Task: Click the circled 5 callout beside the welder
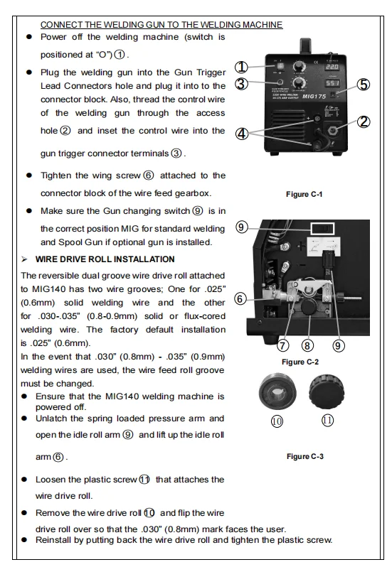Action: pos(364,85)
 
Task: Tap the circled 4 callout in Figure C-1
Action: pos(242,134)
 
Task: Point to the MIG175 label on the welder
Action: pos(314,97)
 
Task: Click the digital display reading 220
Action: pos(332,67)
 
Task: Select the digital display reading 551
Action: pos(332,83)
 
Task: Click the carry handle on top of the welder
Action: pos(306,46)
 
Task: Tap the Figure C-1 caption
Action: pos(304,194)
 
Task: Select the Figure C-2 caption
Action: pos(300,362)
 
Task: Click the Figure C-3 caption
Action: pos(304,456)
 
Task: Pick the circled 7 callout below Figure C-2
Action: pos(282,346)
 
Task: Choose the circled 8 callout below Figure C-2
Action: pos(307,346)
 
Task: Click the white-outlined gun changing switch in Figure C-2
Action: pos(322,229)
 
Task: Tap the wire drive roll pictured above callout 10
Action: pos(277,392)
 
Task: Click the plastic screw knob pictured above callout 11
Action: pos(327,391)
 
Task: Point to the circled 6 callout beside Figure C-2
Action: pos(240,299)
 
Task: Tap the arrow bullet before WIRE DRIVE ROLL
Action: pos(24,259)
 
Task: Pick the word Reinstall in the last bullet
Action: pos(51,540)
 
